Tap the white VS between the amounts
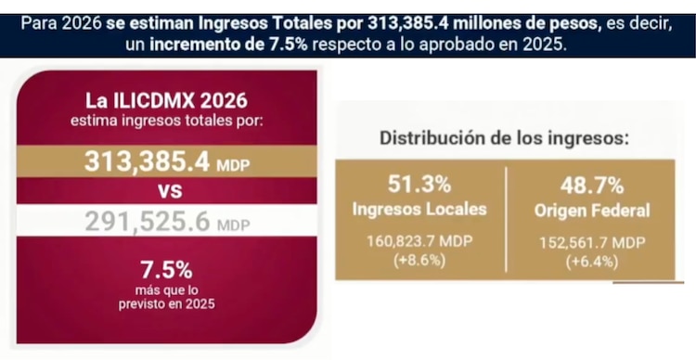click(167, 192)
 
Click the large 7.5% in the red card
click(167, 270)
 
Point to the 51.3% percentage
click(419, 185)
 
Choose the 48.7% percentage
click(591, 185)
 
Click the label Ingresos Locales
click(419, 210)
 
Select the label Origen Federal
click(591, 211)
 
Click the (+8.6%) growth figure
click(419, 261)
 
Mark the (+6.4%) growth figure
click(591, 261)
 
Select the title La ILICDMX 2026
click(167, 99)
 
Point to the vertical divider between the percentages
click(506, 221)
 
